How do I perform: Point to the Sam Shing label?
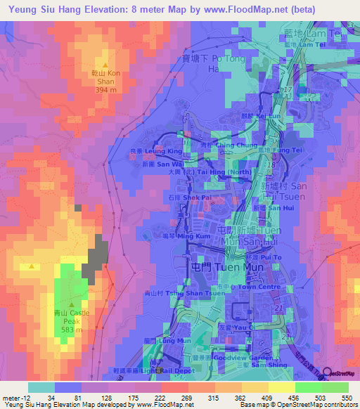point(262,365)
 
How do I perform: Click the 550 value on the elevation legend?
point(344,398)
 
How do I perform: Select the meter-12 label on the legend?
point(13,398)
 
